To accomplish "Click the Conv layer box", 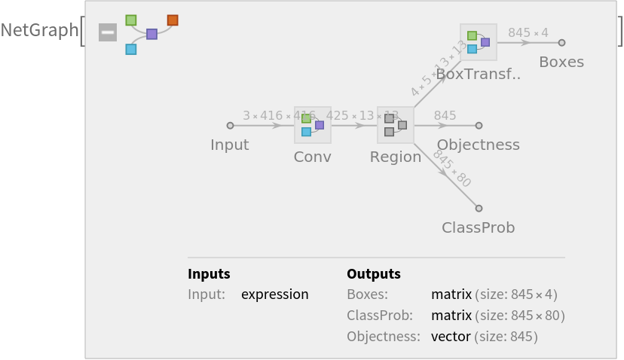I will pos(312,125).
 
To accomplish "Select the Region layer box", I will pos(395,125).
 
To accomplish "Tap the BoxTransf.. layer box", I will pos(478,42).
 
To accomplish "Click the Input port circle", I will pos(230,126).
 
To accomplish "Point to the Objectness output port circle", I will pos(479,126).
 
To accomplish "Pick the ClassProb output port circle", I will pos(479,209).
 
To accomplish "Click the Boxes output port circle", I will pos(561,43).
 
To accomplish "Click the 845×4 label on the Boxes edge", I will pos(528,32).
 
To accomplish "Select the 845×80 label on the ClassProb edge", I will pos(451,169).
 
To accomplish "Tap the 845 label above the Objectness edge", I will pos(445,115).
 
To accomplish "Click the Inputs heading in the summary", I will pos(209,273).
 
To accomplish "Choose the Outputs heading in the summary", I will pos(373,273).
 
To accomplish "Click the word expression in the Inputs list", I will pos(274,294).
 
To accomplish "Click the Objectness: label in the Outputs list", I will pos(383,336).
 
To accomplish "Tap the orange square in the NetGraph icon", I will pos(173,20).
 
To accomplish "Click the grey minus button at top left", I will pos(108,32).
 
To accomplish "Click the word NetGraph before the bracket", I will pos(39,30).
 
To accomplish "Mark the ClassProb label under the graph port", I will pos(478,227).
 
